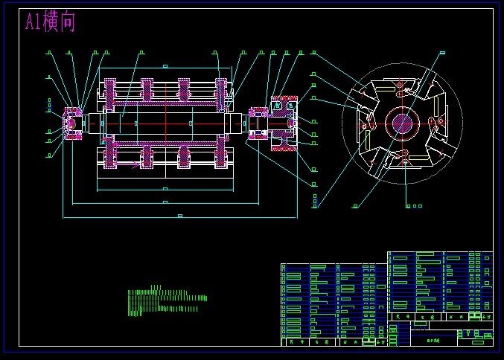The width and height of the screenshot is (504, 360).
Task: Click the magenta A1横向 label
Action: (50, 22)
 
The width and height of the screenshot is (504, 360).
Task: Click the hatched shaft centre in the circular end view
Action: (402, 122)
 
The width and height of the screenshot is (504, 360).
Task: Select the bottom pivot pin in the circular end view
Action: (403, 155)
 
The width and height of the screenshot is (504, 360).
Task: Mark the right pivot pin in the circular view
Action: (436, 120)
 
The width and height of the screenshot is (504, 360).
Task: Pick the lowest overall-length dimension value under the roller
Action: (179, 215)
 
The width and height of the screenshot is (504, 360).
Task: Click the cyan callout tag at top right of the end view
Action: (442, 52)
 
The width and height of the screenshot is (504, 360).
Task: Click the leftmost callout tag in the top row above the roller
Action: (49, 53)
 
